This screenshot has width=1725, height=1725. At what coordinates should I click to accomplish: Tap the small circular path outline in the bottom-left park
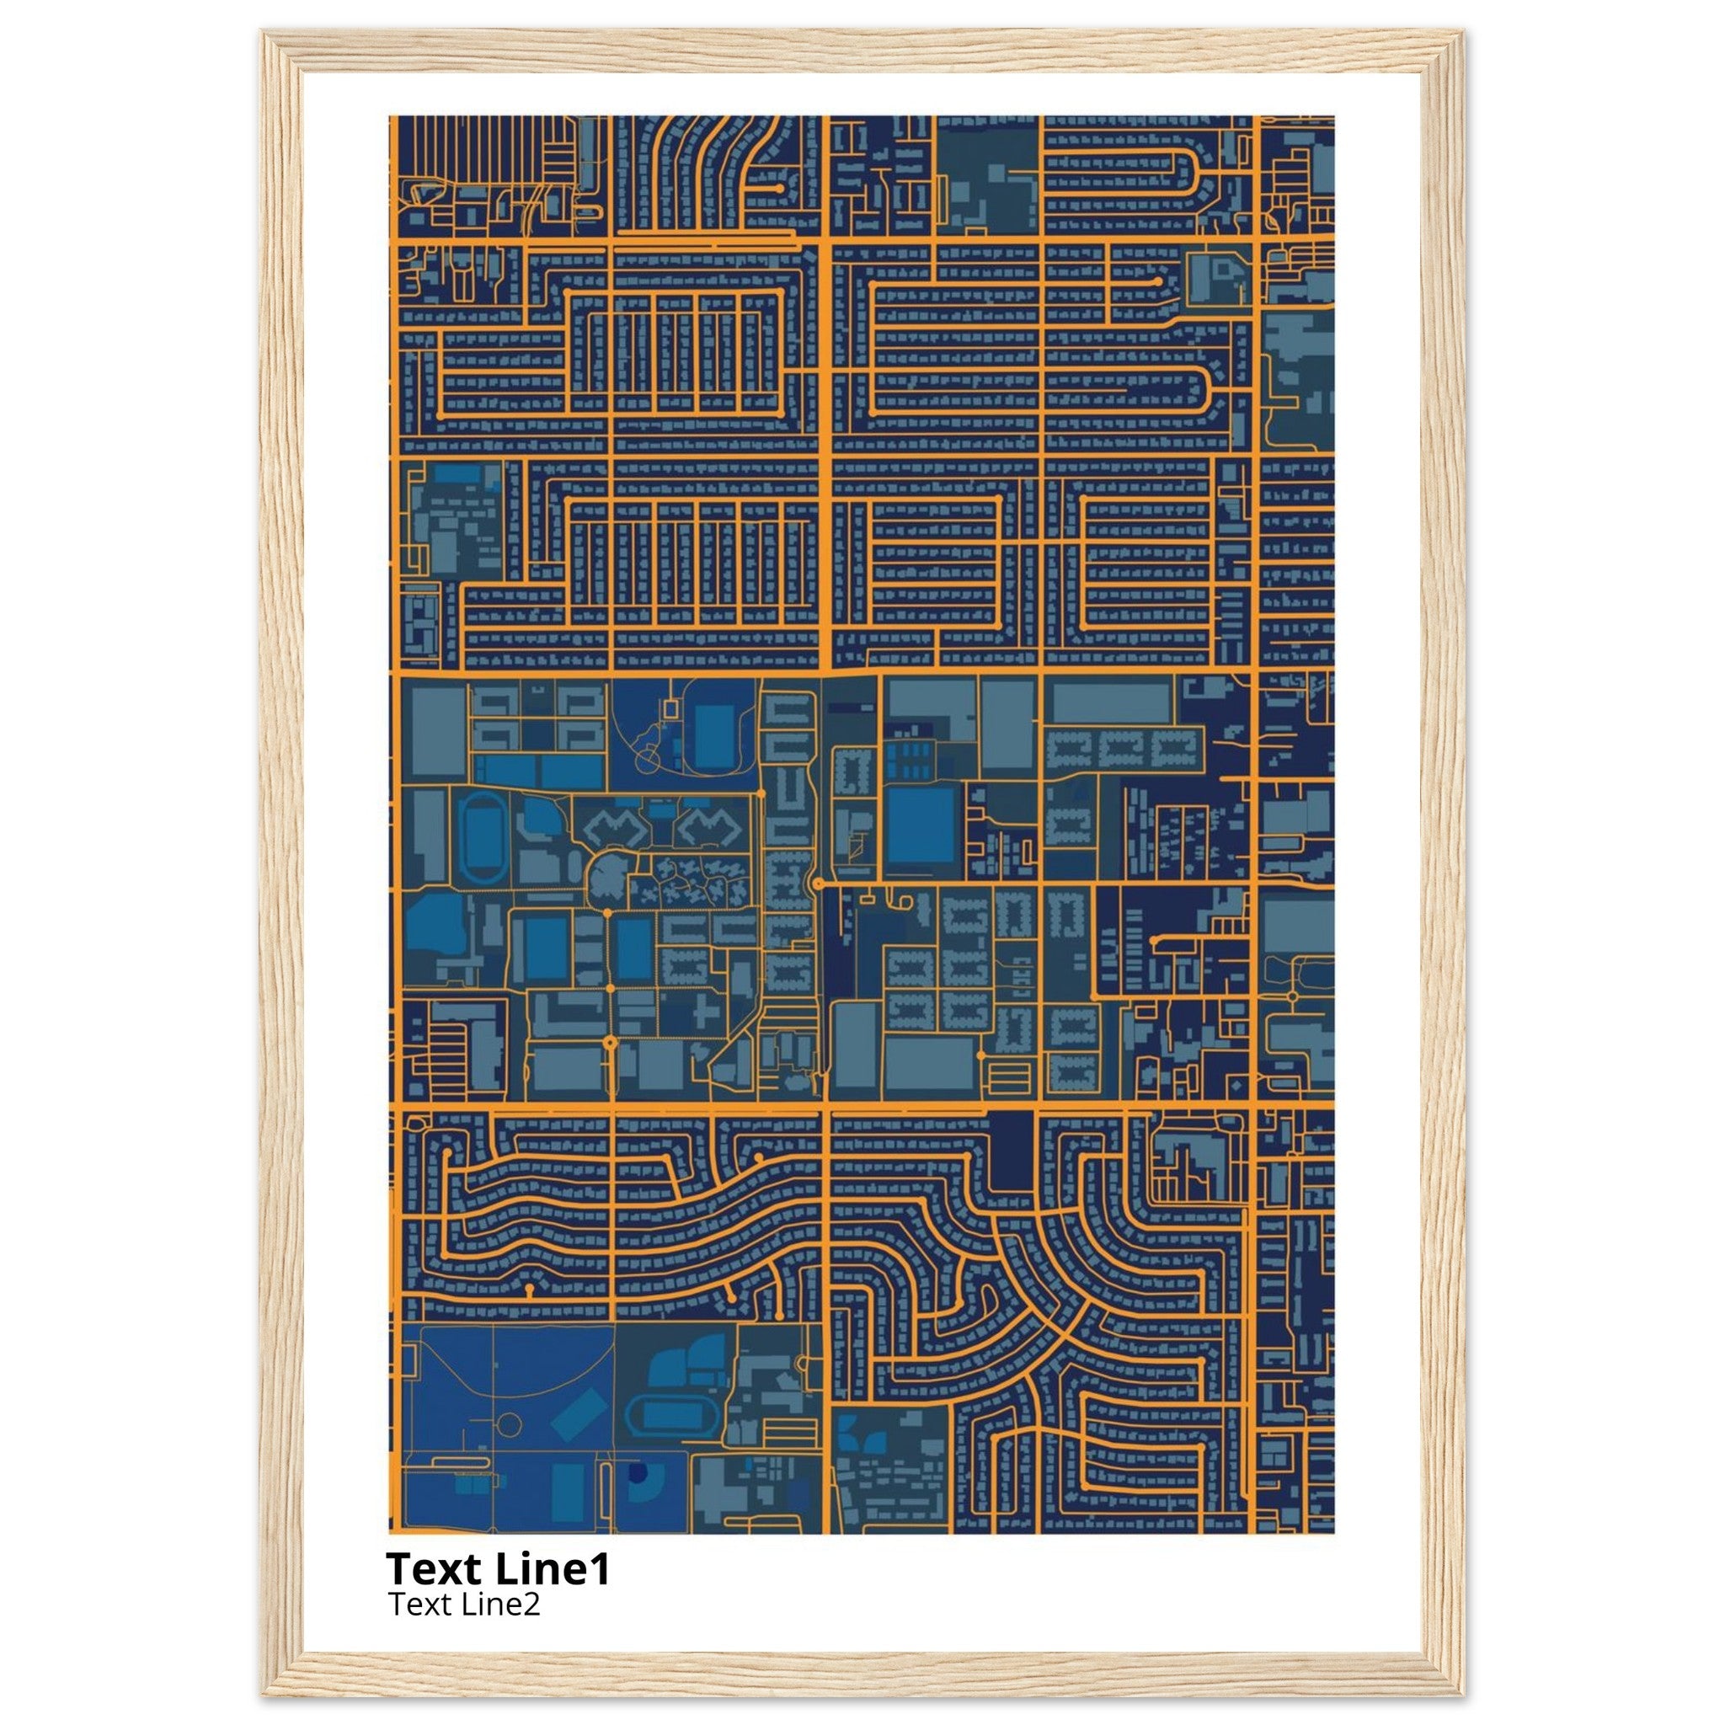pyautogui.click(x=508, y=1423)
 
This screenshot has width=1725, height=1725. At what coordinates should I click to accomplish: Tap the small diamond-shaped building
pyautogui.click(x=1235, y=1086)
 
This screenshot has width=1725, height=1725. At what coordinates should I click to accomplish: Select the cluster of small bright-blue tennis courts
pyautogui.click(x=908, y=760)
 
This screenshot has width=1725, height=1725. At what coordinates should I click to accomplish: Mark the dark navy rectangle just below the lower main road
pyautogui.click(x=1011, y=1151)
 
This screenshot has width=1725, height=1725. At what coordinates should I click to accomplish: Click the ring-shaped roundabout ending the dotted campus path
pyautogui.click(x=610, y=1042)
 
